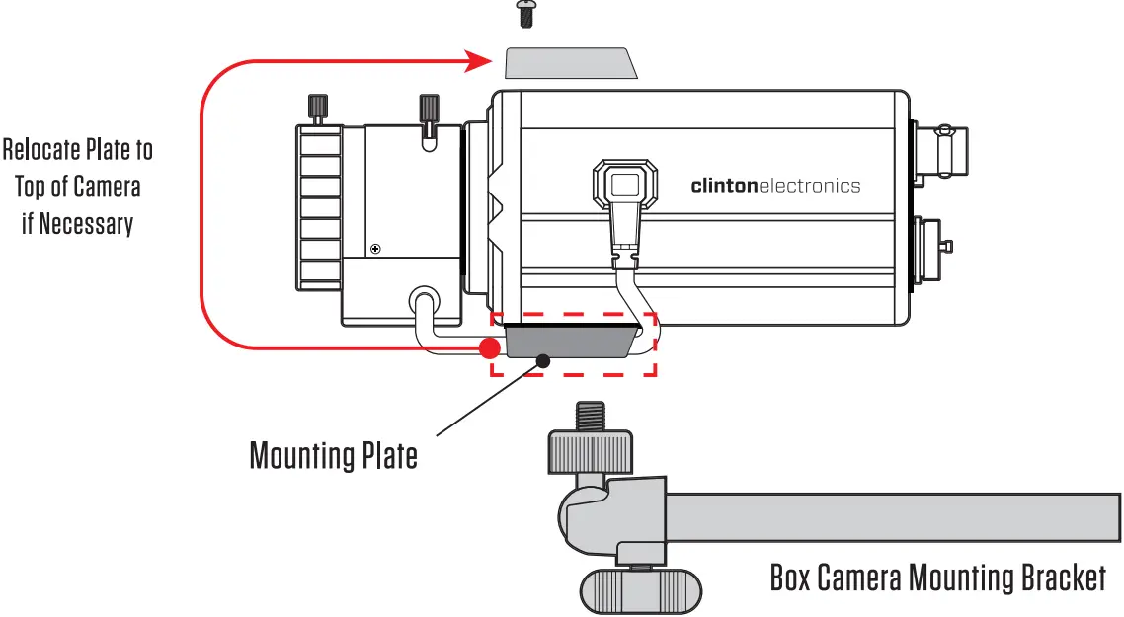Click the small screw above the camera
click(x=524, y=13)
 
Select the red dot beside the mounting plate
click(x=488, y=347)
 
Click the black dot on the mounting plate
click(x=542, y=360)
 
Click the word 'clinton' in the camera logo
click(x=723, y=186)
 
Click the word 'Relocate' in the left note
click(x=39, y=150)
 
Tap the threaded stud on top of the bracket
click(x=591, y=415)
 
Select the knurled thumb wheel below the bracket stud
click(x=590, y=450)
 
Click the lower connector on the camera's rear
click(x=933, y=246)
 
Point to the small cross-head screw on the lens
click(x=374, y=248)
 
